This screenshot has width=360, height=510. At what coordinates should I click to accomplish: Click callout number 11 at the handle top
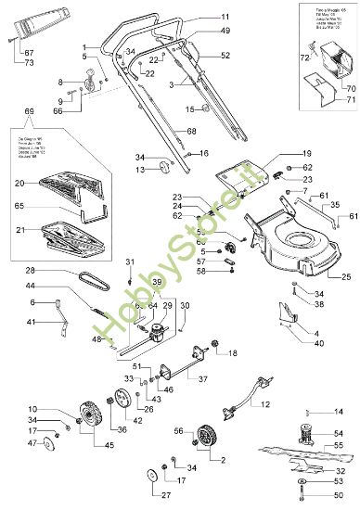click(225, 18)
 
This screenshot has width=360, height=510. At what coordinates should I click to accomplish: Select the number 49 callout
click(225, 31)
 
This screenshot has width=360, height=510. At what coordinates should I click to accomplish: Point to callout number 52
click(225, 56)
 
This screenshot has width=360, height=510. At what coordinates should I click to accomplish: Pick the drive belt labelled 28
click(88, 277)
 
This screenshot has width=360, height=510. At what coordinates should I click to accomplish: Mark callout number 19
click(281, 152)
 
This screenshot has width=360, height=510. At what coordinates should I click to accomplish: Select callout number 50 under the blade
click(339, 497)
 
